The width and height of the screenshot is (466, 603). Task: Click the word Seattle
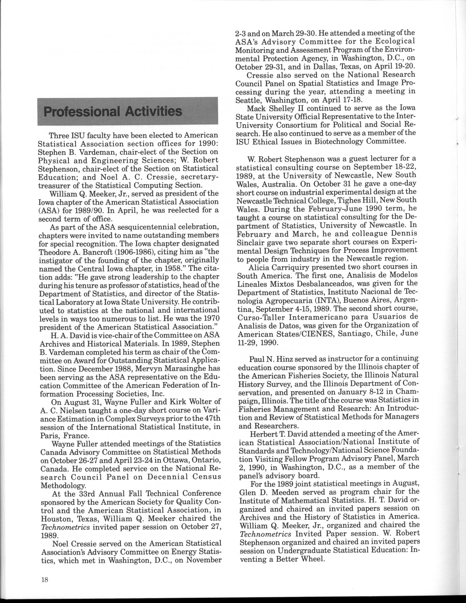point(246,101)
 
